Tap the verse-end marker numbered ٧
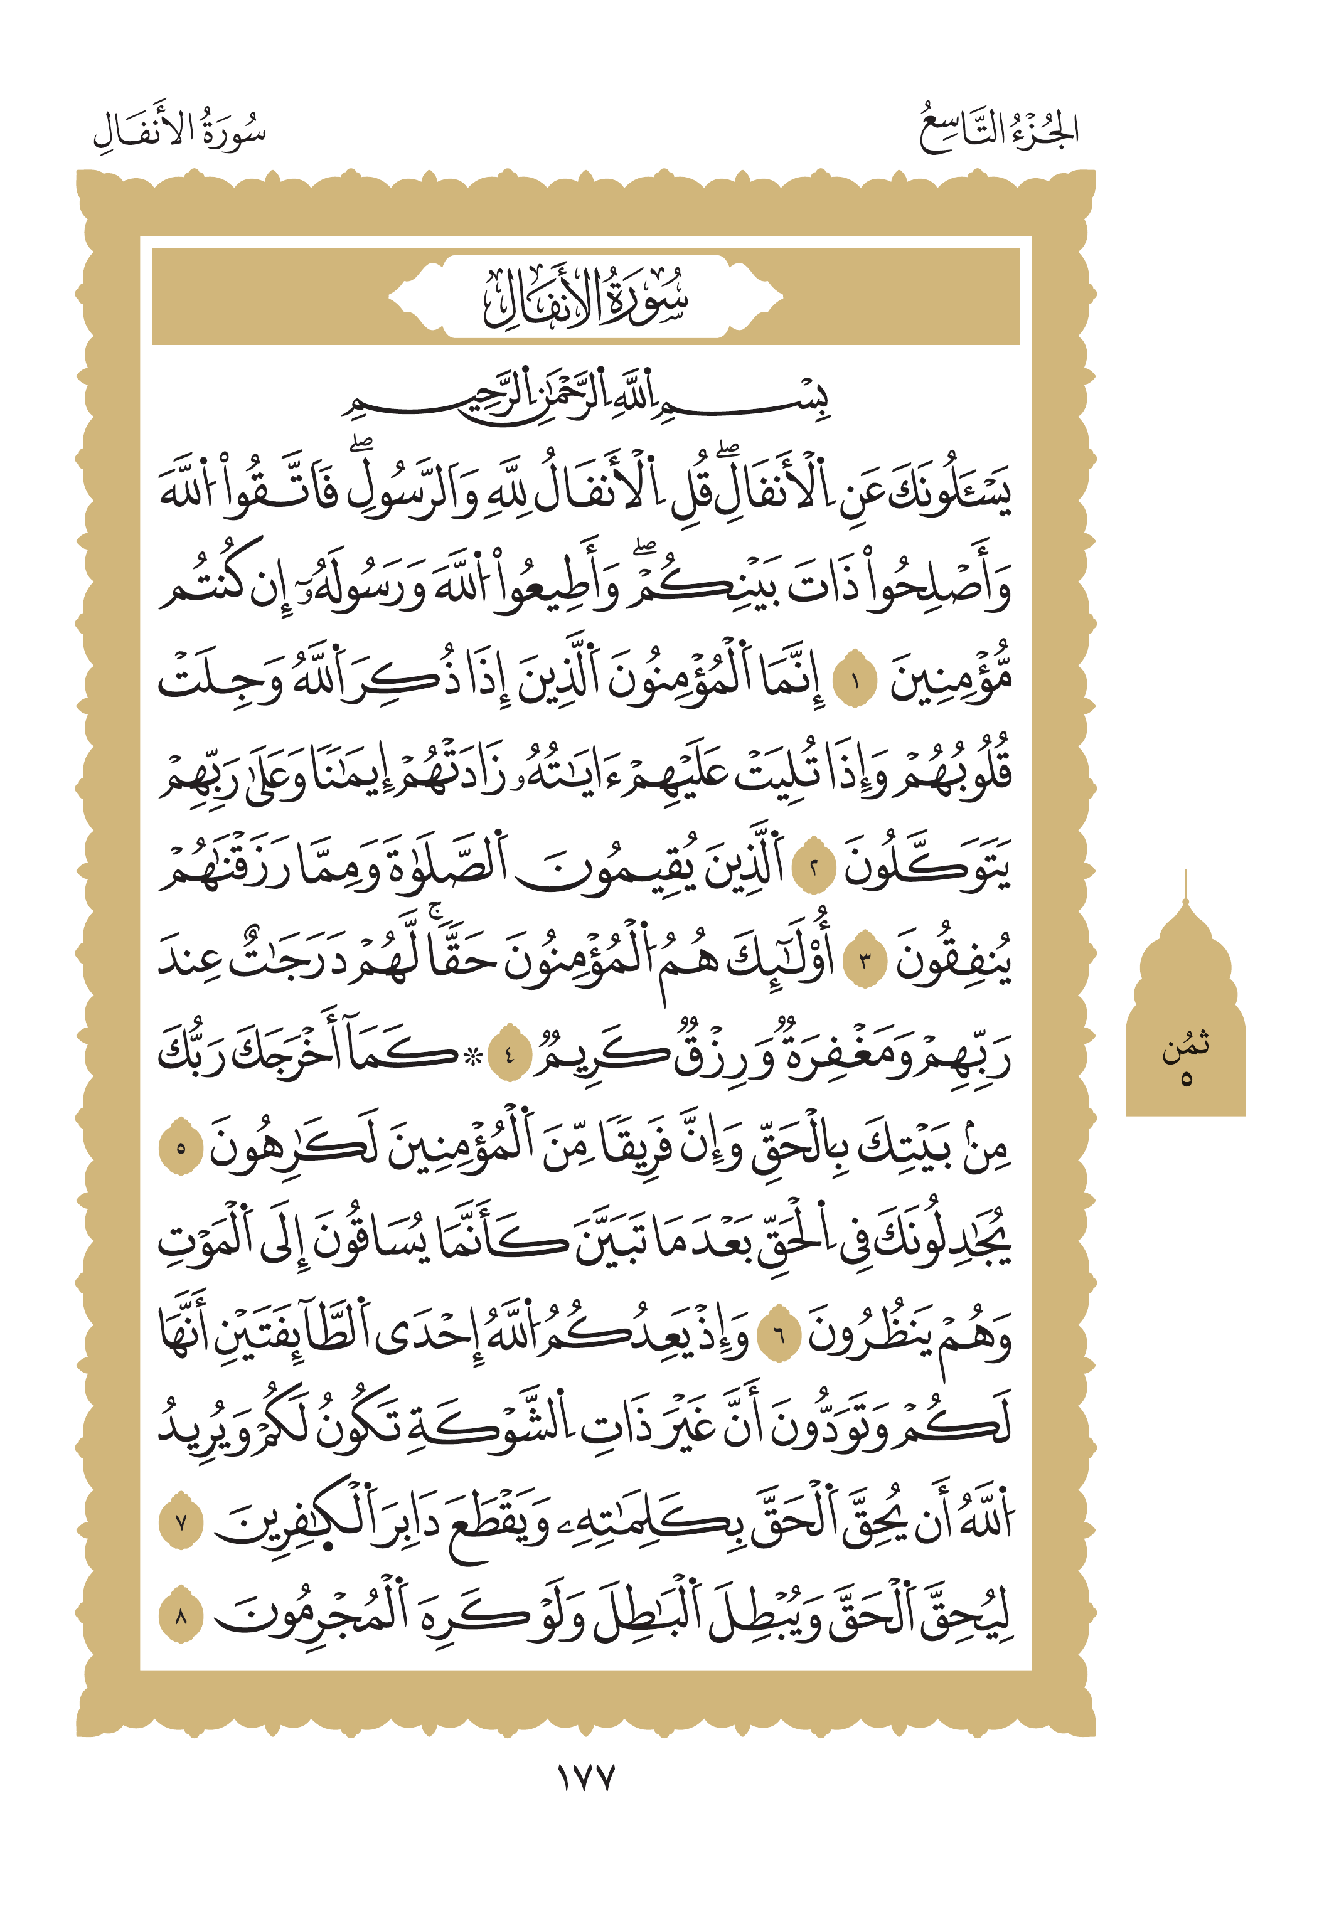(x=180, y=1523)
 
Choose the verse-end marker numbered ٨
(x=180, y=1617)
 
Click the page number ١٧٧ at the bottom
(x=585, y=1777)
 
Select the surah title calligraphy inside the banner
(x=585, y=297)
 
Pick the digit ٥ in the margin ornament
(x=1185, y=1079)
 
